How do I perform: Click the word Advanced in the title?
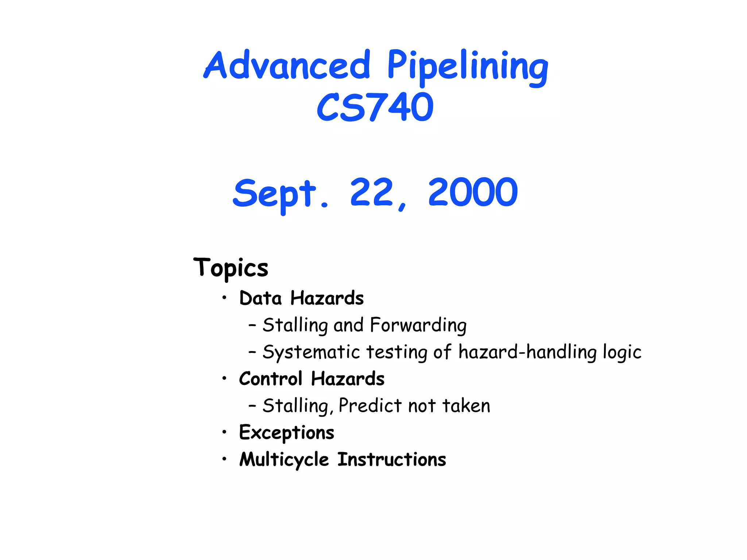point(287,65)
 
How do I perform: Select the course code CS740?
point(375,107)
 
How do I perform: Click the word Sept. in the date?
point(280,194)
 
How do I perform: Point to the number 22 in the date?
point(372,192)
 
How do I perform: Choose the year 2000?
point(473,192)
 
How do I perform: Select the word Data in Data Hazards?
point(260,298)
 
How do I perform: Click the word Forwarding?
point(418,325)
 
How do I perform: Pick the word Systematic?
point(311,353)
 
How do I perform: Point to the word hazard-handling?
point(527,352)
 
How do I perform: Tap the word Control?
point(271,379)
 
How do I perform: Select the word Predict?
point(370,406)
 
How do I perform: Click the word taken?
point(466,406)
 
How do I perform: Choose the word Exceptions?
point(287,433)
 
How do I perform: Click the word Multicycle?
point(284,460)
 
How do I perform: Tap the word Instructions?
point(391,459)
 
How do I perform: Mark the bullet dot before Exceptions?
point(224,432)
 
